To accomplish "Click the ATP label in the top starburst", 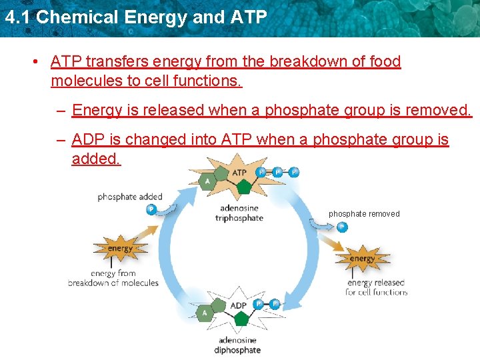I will point(239,173).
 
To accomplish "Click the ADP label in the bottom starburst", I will point(239,306).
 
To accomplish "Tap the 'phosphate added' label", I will point(130,197).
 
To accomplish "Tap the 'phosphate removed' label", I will point(364,214).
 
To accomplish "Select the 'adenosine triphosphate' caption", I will point(239,213).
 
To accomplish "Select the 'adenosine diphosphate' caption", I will point(237,345).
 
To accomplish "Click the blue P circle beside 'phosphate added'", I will point(151,209).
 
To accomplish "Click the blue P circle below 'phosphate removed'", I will point(341,227).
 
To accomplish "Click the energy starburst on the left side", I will point(120,249).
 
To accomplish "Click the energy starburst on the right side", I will point(362,259).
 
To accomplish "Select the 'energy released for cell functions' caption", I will point(377,287).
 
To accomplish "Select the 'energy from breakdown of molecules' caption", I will point(113,278).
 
